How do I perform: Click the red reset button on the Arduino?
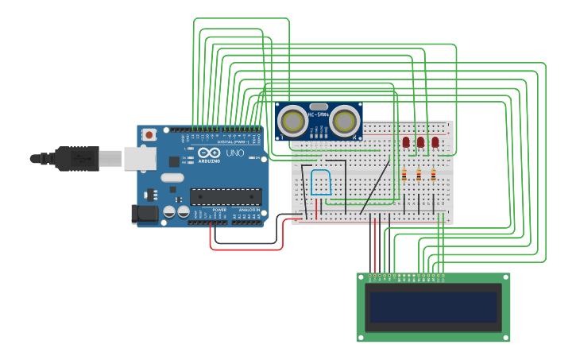[x=149, y=136]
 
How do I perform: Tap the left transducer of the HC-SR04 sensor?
[x=294, y=121]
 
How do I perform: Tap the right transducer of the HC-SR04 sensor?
[x=345, y=121]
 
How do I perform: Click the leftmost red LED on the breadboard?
[x=406, y=141]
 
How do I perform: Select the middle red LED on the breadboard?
[x=420, y=141]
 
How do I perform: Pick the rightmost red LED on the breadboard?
[x=435, y=141]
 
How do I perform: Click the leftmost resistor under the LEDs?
[x=404, y=175]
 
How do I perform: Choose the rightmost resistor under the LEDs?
[x=433, y=175]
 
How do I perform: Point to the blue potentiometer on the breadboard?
[x=321, y=182]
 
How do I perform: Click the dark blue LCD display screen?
[x=433, y=307]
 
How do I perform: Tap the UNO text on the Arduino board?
[x=235, y=153]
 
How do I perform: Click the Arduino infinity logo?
[x=209, y=153]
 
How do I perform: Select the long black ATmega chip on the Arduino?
[x=226, y=196]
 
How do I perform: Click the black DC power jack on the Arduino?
[x=143, y=214]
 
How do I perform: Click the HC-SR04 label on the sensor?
[x=319, y=114]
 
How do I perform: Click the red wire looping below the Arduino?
[x=246, y=249]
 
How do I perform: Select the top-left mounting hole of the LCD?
[x=361, y=277]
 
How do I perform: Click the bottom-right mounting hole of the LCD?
[x=504, y=337]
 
